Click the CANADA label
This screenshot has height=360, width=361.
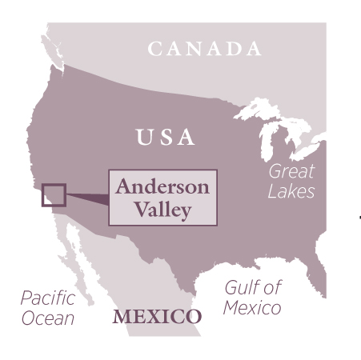tap(205, 49)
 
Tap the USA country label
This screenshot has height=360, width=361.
tap(165, 138)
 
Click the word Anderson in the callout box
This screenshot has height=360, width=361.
tap(162, 186)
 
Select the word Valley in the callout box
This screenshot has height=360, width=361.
tap(163, 210)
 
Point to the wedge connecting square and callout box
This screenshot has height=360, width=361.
tap(88, 197)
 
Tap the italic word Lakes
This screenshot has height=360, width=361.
tap(292, 191)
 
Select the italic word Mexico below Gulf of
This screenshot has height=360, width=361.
tap(252, 308)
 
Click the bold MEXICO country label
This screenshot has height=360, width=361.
tap(157, 315)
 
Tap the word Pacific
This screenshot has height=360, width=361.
tap(48, 299)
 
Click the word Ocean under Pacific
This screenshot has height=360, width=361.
tap(48, 318)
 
